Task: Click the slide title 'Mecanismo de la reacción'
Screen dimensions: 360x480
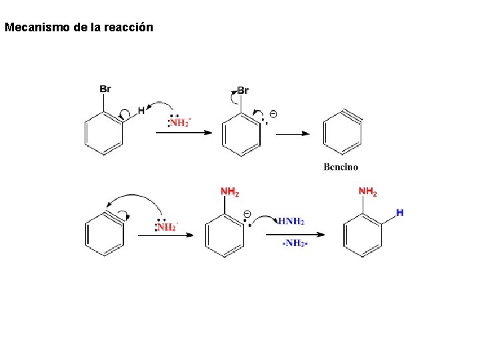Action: tap(79, 27)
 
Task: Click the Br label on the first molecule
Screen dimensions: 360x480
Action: tap(105, 89)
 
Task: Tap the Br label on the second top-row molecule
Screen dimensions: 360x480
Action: tap(243, 91)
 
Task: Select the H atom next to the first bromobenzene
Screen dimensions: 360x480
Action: tap(141, 110)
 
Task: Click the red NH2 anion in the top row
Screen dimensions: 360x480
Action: tap(179, 123)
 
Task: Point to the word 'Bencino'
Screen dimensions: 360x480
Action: tap(341, 167)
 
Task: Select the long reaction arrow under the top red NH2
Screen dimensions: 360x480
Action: tap(183, 133)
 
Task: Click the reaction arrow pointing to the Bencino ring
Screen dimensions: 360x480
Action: tap(293, 133)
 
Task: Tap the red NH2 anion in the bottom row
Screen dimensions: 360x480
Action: tap(167, 227)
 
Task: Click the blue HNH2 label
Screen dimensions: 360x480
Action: tap(291, 221)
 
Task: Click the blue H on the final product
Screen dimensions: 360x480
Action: tap(399, 213)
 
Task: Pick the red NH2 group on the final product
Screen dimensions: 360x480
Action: tap(368, 192)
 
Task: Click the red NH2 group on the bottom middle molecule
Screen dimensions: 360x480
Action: tap(230, 192)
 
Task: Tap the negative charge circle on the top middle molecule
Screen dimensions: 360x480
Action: tap(273, 114)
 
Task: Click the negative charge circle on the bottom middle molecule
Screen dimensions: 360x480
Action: tap(247, 214)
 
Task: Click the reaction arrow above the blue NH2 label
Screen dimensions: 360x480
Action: tap(295, 234)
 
